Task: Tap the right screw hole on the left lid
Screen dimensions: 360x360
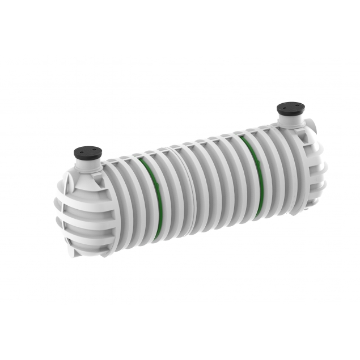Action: [x=92, y=150]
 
